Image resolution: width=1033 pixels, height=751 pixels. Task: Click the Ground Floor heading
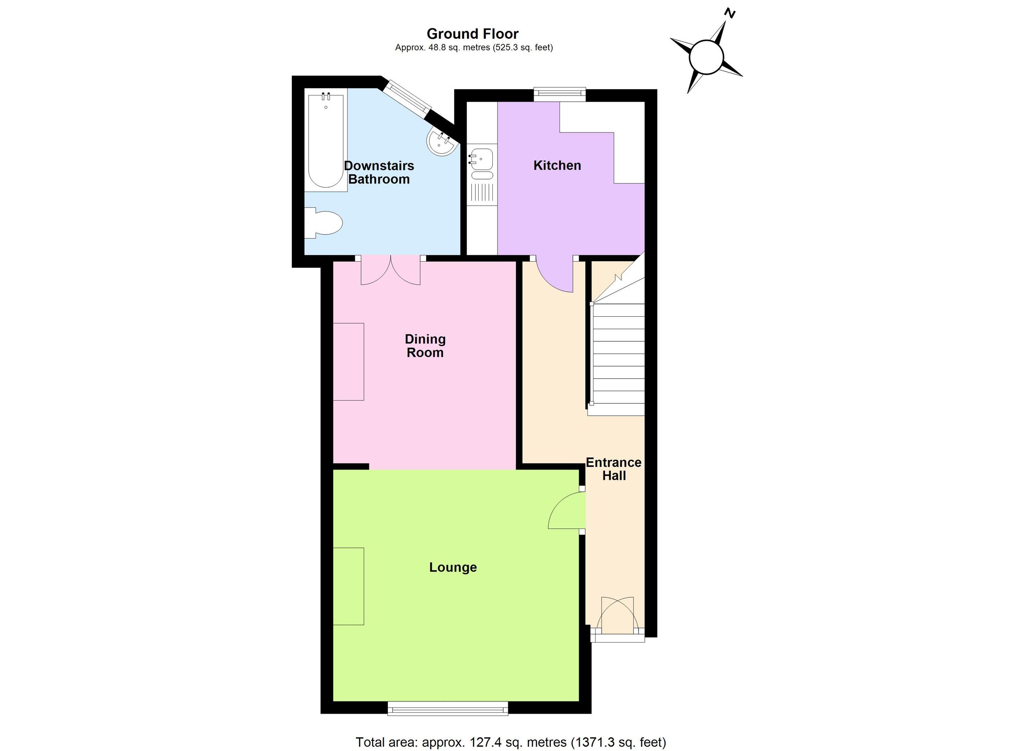pos(472,34)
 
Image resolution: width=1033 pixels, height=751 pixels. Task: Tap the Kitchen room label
pos(557,165)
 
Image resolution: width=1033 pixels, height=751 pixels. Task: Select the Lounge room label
pos(453,568)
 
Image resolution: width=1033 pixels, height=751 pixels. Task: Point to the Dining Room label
pos(425,346)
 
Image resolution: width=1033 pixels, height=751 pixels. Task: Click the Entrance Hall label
pos(613,469)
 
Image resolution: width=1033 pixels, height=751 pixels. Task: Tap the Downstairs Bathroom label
pos(378,173)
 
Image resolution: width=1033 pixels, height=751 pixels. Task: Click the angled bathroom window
pos(406,98)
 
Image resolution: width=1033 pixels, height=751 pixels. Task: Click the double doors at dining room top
pos(390,271)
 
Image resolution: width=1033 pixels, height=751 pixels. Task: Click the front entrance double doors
pos(617,616)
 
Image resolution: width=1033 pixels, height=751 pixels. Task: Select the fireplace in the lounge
pos(349,586)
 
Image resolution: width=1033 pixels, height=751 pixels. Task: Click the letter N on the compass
pos(730,14)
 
